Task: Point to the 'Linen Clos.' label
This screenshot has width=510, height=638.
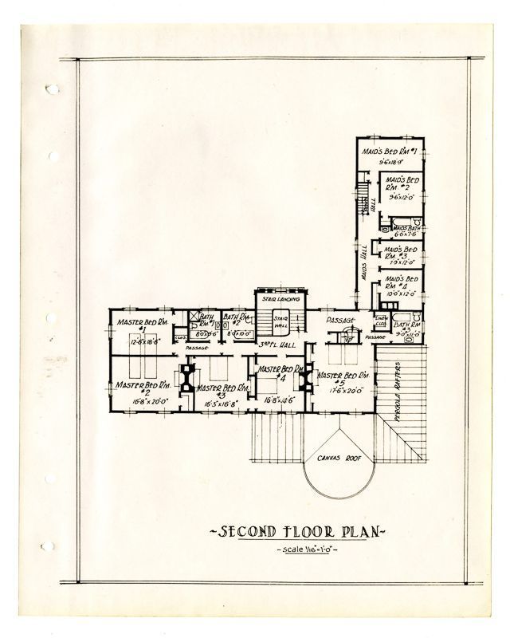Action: [x=381, y=321]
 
